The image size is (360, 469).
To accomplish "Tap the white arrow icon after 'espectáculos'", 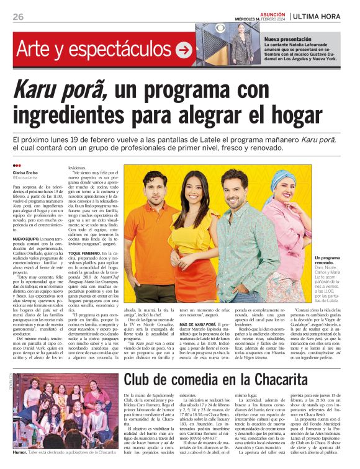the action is pyautogui.click(x=184, y=49).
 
